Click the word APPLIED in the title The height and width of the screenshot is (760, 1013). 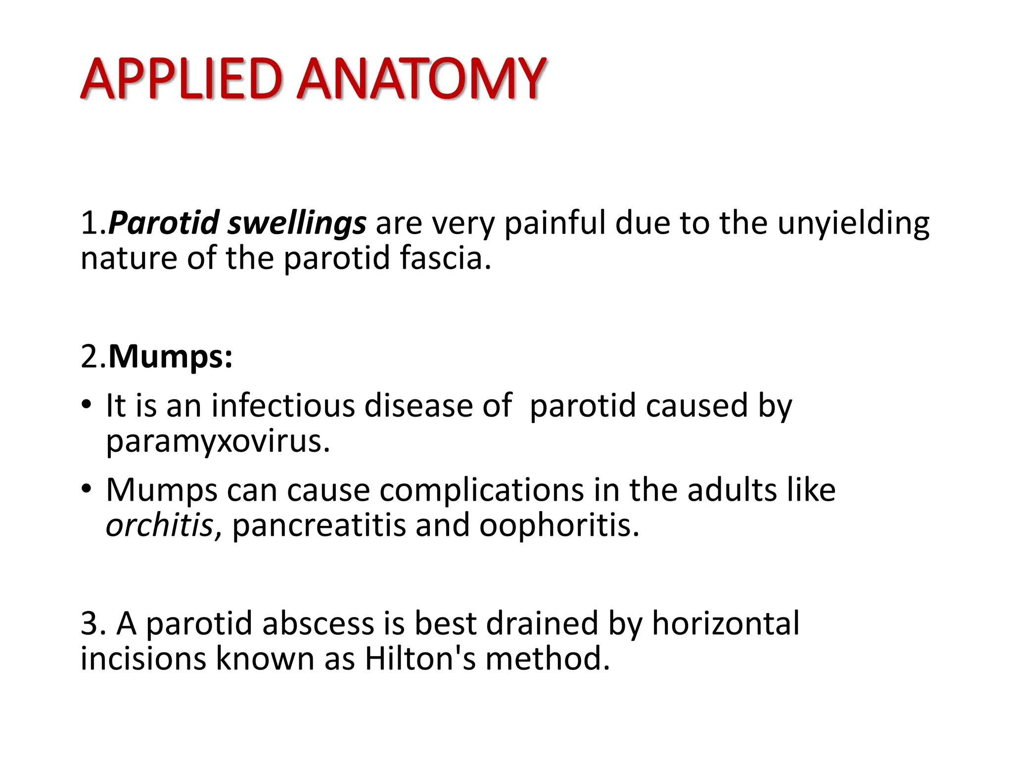coord(182,79)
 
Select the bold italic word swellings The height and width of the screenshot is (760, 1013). coord(297,223)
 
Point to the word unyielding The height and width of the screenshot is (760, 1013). coord(853,223)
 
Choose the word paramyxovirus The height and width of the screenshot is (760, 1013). coord(218,441)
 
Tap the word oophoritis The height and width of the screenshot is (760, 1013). coord(559,525)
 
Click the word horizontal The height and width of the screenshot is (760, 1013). coord(725,623)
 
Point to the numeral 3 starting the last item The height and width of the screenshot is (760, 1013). coord(90,623)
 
